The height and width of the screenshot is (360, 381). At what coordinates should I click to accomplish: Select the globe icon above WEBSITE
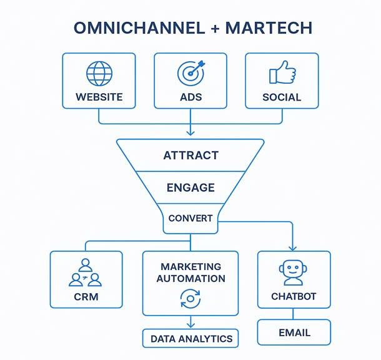pyautogui.click(x=99, y=74)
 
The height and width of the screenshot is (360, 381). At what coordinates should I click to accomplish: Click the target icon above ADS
pyautogui.click(x=190, y=73)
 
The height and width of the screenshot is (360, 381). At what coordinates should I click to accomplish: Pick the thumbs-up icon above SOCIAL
pyautogui.click(x=282, y=73)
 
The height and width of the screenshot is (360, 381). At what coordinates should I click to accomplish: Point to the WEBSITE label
pyautogui.click(x=99, y=97)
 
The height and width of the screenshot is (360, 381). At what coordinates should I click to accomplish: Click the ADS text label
pyautogui.click(x=190, y=97)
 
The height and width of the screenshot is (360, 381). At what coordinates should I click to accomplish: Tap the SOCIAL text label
pyautogui.click(x=282, y=97)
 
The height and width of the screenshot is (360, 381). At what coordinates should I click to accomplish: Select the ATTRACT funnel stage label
pyautogui.click(x=190, y=156)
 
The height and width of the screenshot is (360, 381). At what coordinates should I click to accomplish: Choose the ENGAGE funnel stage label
pyautogui.click(x=190, y=187)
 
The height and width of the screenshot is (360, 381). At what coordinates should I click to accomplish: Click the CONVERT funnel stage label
pyautogui.click(x=190, y=219)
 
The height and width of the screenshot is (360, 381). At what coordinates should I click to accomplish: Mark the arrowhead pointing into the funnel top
pyautogui.click(x=190, y=132)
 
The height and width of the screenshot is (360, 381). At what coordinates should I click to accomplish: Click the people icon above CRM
pyautogui.click(x=86, y=273)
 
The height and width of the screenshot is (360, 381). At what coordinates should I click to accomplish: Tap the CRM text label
pyautogui.click(x=86, y=296)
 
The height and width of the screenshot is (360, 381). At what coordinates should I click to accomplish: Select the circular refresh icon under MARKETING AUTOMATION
pyautogui.click(x=190, y=298)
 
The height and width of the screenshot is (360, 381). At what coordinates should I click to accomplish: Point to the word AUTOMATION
pyautogui.click(x=190, y=279)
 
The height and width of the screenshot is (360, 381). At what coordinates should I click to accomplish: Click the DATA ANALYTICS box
pyautogui.click(x=190, y=339)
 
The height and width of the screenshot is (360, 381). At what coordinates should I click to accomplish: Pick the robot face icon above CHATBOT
pyautogui.click(x=294, y=273)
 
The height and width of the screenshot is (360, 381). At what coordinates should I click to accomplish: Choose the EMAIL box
pyautogui.click(x=294, y=332)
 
